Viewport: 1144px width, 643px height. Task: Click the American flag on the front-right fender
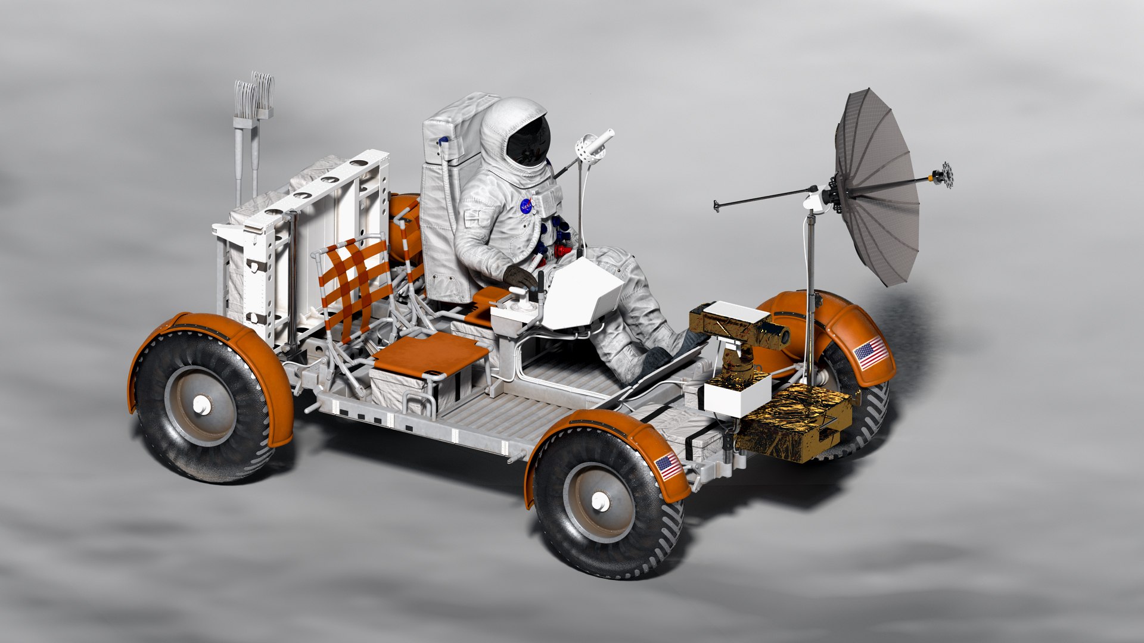coord(871,353)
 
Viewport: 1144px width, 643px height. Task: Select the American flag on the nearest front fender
coord(669,466)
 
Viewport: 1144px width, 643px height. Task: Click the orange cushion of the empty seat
coord(430,354)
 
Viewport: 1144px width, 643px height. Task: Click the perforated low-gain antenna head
coord(589,146)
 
